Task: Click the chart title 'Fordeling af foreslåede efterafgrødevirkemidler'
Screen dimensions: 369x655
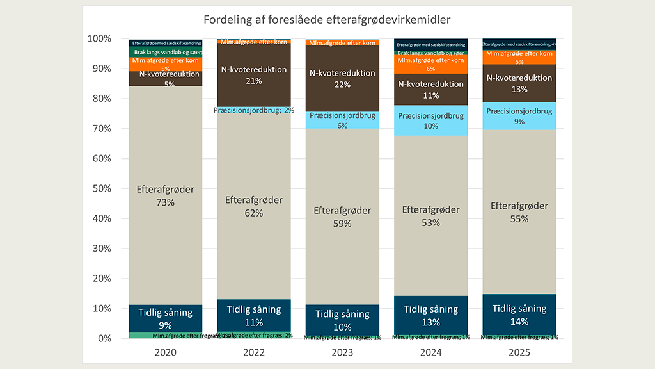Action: click(327, 20)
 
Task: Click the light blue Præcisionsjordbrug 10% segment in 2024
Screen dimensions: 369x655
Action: click(430, 120)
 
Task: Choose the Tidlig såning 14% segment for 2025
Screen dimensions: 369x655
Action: click(519, 314)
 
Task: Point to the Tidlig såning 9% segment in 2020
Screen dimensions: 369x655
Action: click(165, 318)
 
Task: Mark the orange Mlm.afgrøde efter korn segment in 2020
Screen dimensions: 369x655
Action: click(165, 63)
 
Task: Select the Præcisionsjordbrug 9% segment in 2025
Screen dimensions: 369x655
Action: click(519, 116)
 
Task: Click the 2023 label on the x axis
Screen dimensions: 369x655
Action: click(342, 352)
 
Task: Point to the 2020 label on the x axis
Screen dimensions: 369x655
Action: click(165, 352)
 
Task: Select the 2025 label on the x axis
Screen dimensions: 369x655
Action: click(519, 352)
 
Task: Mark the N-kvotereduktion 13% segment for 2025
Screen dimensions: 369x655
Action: click(519, 83)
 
